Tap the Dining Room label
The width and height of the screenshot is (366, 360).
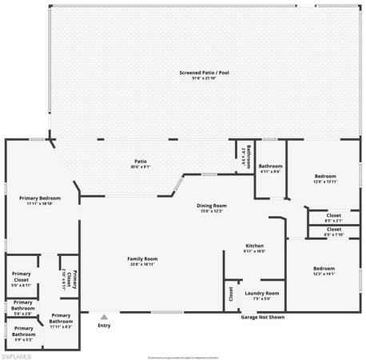coord(213,206)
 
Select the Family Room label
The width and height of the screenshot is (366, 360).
coord(143,258)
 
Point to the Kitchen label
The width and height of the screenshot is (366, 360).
coord(254,246)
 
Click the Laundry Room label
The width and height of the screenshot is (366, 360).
coord(261,294)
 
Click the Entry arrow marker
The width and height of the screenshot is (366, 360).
coord(104,318)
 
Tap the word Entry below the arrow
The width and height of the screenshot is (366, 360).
coord(104,326)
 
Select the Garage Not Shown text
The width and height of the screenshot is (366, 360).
coord(262,317)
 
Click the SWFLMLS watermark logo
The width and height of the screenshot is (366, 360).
coord(19,353)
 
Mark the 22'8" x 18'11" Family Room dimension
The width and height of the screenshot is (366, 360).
coord(143,264)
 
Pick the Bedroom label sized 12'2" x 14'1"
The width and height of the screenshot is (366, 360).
coord(324,268)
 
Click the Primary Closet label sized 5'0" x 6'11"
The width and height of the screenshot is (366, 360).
coord(20,277)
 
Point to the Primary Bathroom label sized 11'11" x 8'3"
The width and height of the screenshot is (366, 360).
coord(61,319)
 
